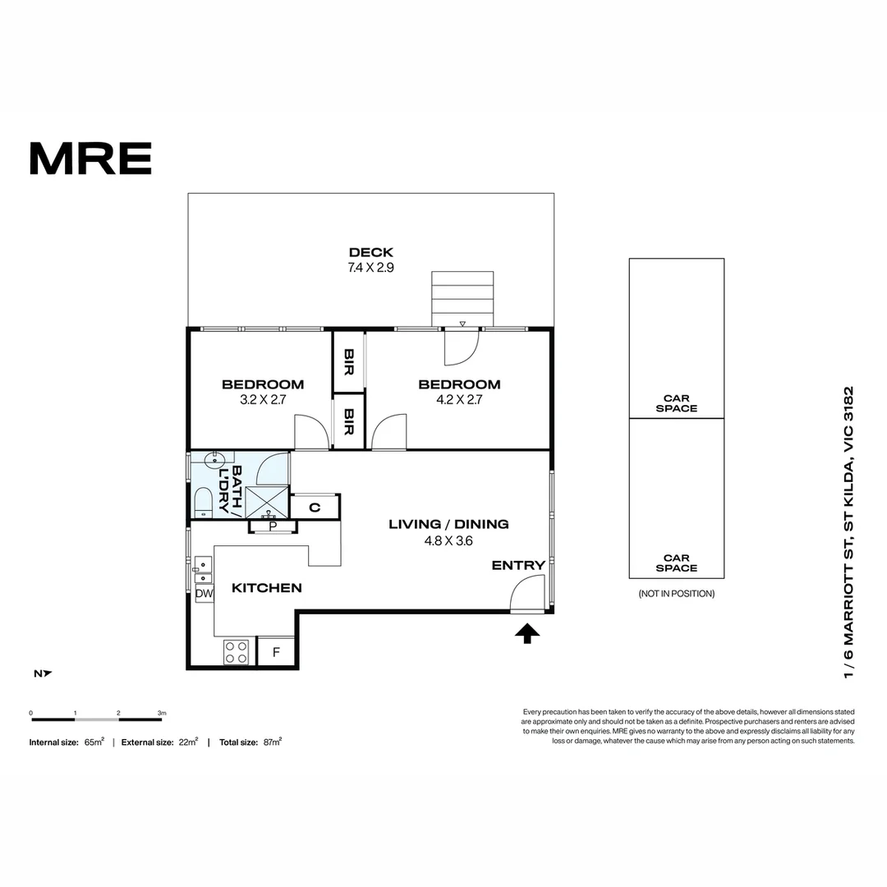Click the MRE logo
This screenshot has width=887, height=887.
click(90, 159)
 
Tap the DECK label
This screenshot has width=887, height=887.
click(371, 252)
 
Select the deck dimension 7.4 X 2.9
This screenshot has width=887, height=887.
click(371, 267)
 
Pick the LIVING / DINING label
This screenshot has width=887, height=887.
click(448, 524)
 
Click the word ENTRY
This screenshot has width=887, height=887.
click(518, 565)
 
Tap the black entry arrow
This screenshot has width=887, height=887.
click(527, 632)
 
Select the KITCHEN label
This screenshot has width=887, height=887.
click(266, 588)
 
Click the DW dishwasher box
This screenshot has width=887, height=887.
click(204, 593)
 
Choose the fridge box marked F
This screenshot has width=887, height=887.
click(276, 652)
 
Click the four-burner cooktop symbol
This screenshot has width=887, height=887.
click(237, 652)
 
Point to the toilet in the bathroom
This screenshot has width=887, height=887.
click(203, 501)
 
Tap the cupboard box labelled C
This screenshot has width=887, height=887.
click(315, 508)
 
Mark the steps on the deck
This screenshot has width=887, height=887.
click(463, 299)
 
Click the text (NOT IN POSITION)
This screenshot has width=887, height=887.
click(676, 594)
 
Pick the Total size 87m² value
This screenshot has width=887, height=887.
click(272, 742)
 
